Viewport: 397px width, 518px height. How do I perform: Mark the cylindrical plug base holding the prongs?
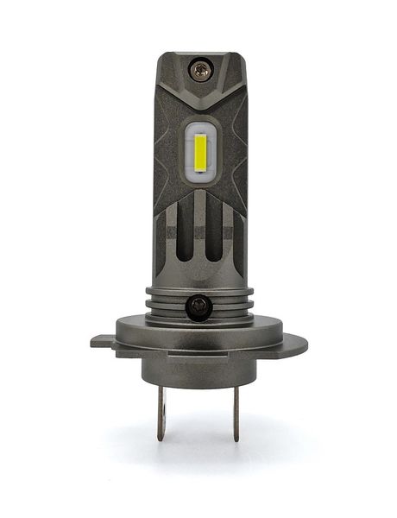198,367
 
